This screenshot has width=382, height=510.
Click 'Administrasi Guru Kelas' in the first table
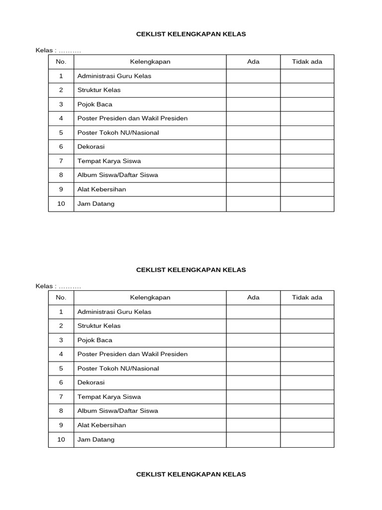pos(114,76)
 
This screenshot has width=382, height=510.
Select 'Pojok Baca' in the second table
pos(95,340)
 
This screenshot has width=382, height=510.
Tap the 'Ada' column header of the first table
pos(253,62)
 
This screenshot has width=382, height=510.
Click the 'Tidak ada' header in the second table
pos(307,297)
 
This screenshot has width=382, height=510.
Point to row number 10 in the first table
pos(61,204)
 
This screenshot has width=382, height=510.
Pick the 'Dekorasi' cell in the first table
pos(91,147)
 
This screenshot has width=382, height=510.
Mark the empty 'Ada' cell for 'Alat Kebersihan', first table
pos(253,189)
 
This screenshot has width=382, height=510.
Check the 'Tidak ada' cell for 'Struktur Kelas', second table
pos(307,326)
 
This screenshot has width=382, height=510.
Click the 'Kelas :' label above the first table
pos(46,51)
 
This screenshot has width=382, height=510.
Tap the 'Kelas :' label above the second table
pos(46,286)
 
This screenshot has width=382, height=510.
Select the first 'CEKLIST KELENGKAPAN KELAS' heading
pos(191,34)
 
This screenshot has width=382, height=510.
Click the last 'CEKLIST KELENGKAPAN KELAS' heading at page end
pos(191,474)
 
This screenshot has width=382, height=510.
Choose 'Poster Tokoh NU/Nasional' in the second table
pos(118,369)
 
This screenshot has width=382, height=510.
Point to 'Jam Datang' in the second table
pos(95,439)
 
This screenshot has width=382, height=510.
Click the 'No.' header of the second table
pos(61,297)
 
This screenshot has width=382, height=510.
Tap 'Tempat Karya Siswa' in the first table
pos(109,161)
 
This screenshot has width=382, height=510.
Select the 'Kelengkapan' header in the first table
pos(150,62)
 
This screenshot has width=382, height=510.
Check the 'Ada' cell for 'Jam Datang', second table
pos(253,439)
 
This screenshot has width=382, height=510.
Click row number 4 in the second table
pos(61,354)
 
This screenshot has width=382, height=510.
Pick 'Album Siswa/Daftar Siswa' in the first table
pos(117,175)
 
